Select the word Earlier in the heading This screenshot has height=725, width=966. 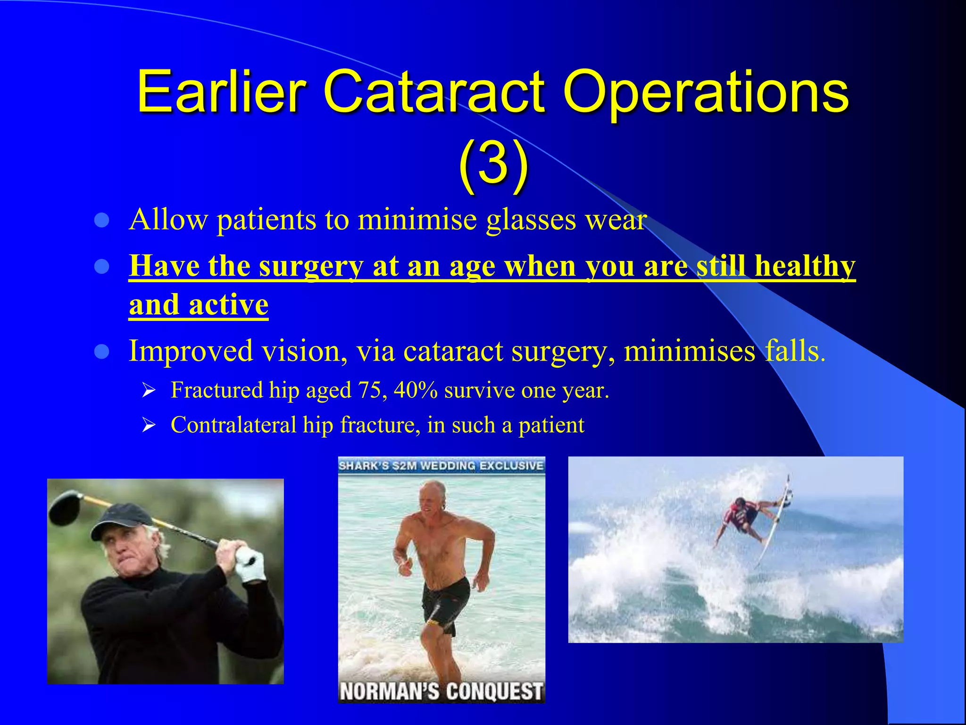tap(222, 92)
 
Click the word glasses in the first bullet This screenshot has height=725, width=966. tap(531, 220)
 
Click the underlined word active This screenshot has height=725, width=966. tap(228, 305)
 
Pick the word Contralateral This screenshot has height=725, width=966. tap(233, 425)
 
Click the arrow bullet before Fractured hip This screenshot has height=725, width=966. tap(149, 391)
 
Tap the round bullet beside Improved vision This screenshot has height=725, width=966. tap(102, 352)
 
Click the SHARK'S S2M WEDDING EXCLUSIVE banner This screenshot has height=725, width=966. tap(441, 466)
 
